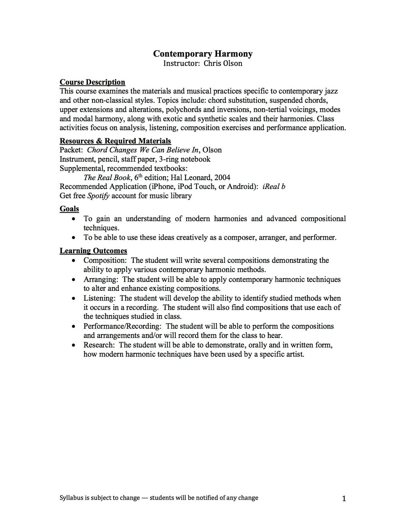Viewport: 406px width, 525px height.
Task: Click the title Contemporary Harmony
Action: pos(203,53)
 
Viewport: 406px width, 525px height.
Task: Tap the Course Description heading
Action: pos(92,82)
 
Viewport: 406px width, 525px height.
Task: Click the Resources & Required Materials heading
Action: pos(115,141)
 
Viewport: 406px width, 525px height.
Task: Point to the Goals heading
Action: pos(69,209)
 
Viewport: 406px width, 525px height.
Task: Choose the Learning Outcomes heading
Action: pos(93,251)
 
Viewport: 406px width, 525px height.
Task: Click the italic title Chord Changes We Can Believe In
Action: pos(143,150)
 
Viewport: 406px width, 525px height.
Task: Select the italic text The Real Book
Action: pos(107,178)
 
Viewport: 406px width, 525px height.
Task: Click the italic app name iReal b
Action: pos(274,186)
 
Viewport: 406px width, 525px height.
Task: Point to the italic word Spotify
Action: pos(98,196)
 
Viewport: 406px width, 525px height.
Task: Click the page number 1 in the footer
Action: pos(344,499)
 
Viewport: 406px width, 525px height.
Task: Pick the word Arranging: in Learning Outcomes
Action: pos(101,279)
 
